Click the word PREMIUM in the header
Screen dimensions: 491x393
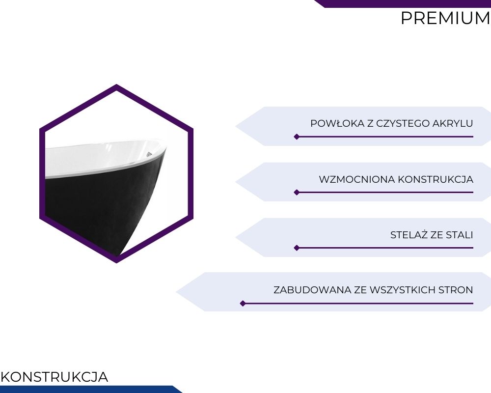[445, 18]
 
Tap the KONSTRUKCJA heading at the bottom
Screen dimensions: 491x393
[55, 377]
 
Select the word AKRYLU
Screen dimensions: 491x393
[453, 123]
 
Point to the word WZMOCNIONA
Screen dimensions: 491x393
[356, 180]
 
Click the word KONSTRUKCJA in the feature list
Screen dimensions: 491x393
[436, 180]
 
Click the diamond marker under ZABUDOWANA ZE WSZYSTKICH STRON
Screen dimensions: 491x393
[243, 304]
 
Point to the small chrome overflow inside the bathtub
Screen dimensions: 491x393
[149, 154]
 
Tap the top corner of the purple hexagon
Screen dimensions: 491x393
[116, 84]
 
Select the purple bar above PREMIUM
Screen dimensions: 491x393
[403, 3]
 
